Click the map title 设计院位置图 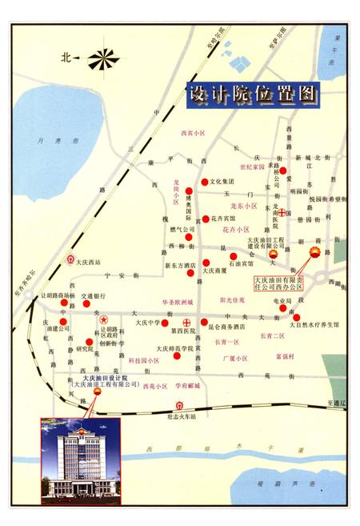[251, 94]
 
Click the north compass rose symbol [103, 58]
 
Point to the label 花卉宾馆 [225, 218]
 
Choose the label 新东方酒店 [180, 265]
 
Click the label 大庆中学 [148, 323]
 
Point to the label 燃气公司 [182, 230]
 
